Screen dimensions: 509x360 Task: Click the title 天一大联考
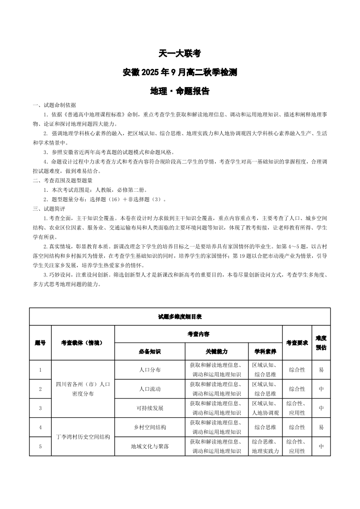(x=180, y=53)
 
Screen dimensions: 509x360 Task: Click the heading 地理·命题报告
(x=180, y=91)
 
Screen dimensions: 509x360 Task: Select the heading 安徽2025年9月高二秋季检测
(x=180, y=72)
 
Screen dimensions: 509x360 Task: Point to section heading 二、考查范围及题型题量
(x=63, y=180)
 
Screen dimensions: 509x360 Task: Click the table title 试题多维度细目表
(x=180, y=316)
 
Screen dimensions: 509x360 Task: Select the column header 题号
(x=40, y=343)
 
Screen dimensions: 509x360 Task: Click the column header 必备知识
(x=150, y=351)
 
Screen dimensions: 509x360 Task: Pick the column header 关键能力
(x=216, y=351)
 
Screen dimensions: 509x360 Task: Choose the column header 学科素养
(x=265, y=351)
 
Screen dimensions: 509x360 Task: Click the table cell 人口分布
(x=150, y=369)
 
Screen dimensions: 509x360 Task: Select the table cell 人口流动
(x=150, y=389)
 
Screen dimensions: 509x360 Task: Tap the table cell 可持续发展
(x=150, y=408)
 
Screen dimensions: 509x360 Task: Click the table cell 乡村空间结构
(x=150, y=427)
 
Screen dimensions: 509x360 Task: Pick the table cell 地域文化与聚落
(x=150, y=446)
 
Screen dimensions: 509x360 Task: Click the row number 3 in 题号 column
(x=40, y=408)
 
